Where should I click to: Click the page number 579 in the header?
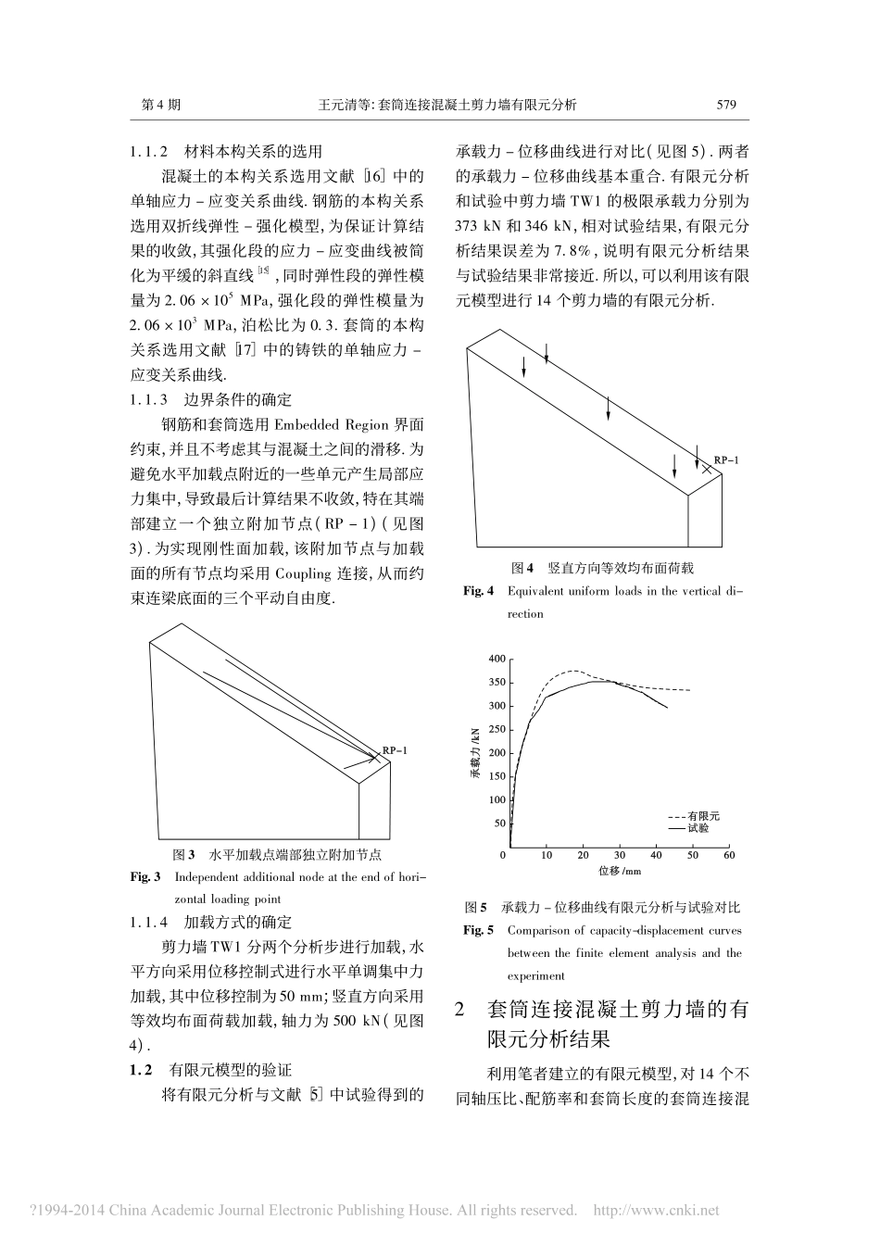click(726, 105)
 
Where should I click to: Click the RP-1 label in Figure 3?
click(395, 750)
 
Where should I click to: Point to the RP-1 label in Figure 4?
click(725, 460)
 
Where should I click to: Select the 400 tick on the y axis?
click(497, 660)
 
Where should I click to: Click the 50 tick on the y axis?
click(500, 824)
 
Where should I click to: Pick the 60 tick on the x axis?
click(729, 855)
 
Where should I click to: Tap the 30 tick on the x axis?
click(620, 855)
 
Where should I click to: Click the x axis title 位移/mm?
click(620, 871)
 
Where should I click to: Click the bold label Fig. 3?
click(145, 876)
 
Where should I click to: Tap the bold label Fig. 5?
click(479, 930)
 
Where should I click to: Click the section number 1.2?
click(141, 1070)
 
